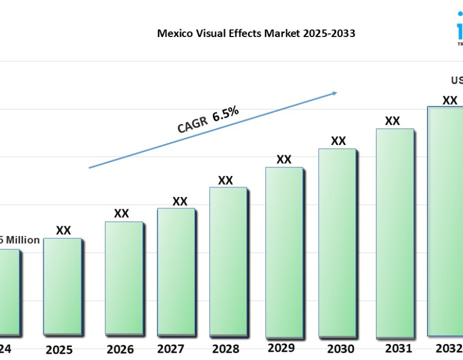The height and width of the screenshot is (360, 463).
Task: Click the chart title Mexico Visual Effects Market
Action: click(256, 34)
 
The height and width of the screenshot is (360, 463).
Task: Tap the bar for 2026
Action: click(123, 278)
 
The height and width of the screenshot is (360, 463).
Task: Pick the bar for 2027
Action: click(176, 271)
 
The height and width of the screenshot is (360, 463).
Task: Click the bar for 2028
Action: click(228, 261)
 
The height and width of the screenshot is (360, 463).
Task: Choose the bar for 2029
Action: click(284, 251)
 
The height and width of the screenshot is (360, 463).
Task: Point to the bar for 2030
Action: click(337, 242)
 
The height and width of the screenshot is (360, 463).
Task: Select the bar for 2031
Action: click(395, 231)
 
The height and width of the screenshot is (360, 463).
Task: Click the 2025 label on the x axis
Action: click(59, 350)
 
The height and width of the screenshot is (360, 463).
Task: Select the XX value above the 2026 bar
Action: click(121, 213)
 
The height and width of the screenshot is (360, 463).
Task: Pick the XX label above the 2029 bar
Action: click(284, 159)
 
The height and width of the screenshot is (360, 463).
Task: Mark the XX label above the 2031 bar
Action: click(393, 121)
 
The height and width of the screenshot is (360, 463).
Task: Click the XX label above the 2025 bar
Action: click(63, 230)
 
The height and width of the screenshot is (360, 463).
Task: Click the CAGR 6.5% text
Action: click(208, 120)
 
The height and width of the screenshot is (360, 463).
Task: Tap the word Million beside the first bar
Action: click(23, 240)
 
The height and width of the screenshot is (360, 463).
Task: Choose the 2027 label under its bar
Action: click(171, 349)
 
